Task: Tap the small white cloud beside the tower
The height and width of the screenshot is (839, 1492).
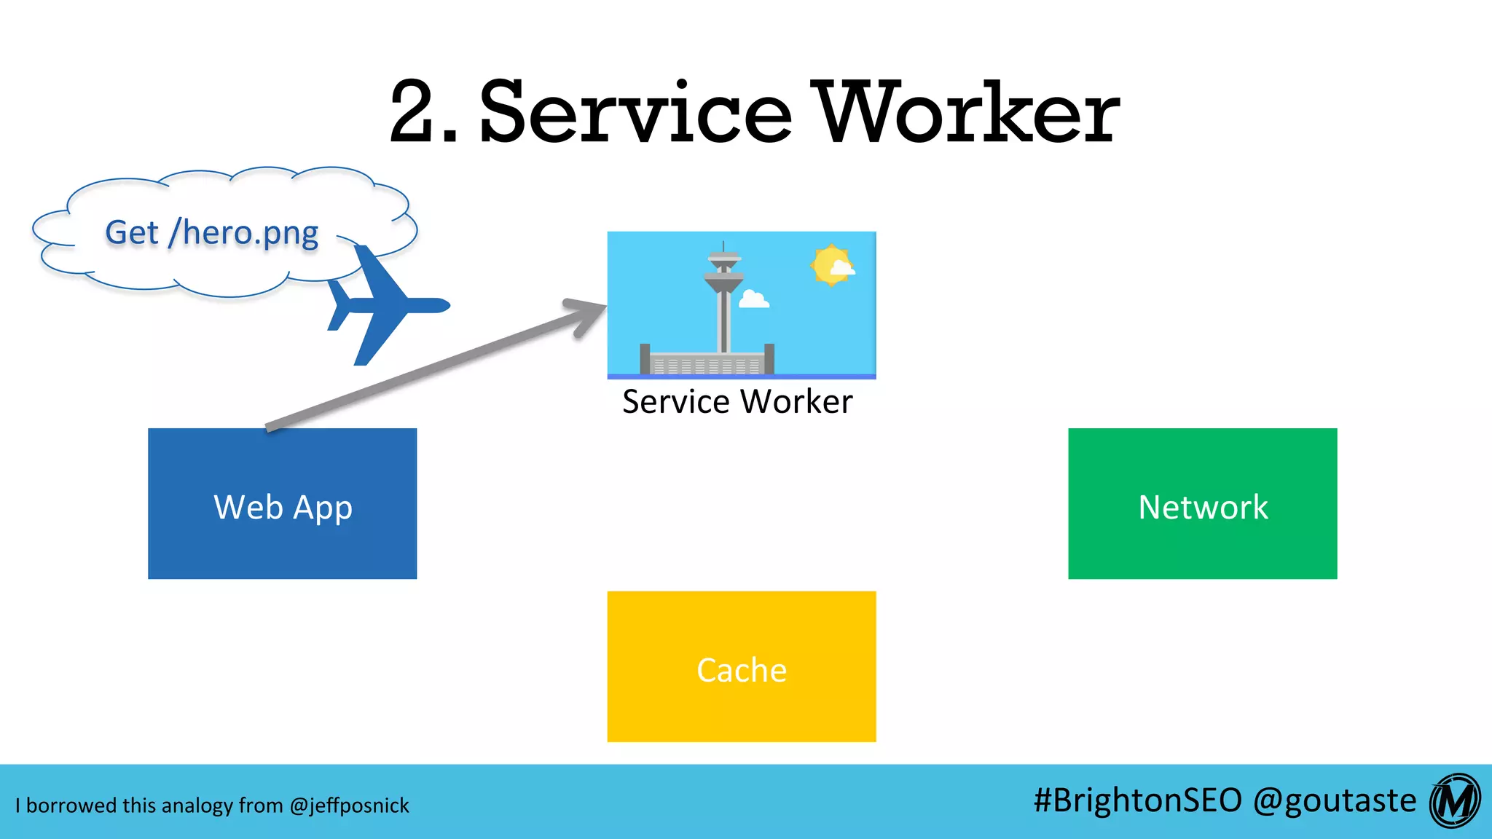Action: point(753,299)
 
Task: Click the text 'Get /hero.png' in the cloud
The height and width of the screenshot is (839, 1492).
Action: point(211,233)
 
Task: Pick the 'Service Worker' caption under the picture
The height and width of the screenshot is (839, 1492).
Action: point(737,401)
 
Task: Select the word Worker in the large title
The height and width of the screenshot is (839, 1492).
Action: point(966,113)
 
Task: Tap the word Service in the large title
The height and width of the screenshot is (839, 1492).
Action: point(635,113)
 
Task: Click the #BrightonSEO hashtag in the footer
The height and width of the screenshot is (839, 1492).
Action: point(1137,800)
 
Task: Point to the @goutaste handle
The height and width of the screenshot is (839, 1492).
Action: point(1335,801)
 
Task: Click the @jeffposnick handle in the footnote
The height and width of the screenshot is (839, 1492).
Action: point(349,805)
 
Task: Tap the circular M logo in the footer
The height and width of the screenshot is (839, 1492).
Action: point(1455,801)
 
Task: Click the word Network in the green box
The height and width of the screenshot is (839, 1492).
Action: point(1203,507)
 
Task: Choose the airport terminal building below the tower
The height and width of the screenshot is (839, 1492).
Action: point(707,362)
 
